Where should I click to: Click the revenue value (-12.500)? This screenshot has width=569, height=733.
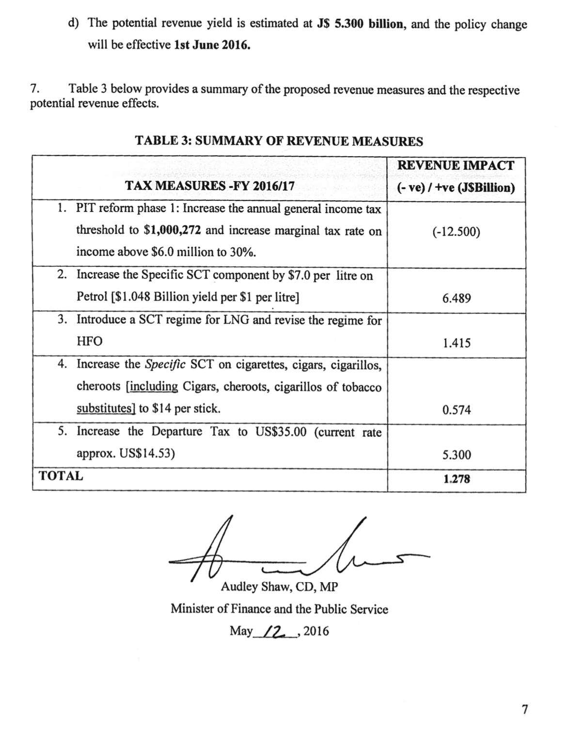[x=456, y=232]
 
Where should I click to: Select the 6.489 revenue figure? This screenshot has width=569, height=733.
[x=456, y=298]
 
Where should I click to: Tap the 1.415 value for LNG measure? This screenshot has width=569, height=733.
[x=456, y=343]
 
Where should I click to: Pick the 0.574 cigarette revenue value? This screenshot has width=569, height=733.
[x=456, y=410]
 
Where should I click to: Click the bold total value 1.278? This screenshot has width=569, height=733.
[x=456, y=479]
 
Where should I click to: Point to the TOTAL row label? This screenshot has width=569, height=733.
[x=61, y=476]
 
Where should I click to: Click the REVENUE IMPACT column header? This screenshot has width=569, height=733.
[x=456, y=166]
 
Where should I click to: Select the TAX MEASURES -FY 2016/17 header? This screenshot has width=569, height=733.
[x=210, y=186]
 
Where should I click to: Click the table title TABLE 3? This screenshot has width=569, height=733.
[x=278, y=142]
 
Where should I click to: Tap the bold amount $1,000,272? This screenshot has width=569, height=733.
[x=172, y=230]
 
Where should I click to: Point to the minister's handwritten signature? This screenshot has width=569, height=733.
[x=291, y=553]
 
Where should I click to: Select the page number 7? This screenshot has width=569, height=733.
[x=524, y=710]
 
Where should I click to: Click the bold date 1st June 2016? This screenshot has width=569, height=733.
[x=212, y=46]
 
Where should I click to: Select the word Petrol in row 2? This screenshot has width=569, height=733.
[x=92, y=297]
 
